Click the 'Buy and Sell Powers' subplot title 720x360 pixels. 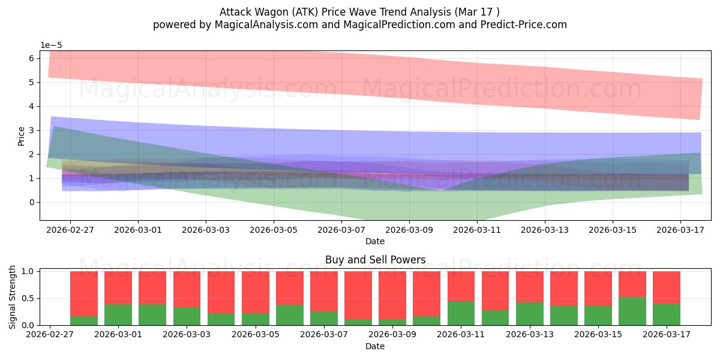pos(375,260)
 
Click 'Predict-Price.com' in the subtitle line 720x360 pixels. pos(524,25)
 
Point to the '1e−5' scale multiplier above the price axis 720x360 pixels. pos(51,46)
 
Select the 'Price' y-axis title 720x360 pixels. pos(21,137)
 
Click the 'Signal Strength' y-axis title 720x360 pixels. pos(12,298)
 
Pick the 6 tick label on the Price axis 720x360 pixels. pos(31,58)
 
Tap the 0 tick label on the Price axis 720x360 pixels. pos(31,203)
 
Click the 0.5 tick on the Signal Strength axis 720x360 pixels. pos(28,298)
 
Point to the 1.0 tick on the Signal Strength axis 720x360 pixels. pos(28,271)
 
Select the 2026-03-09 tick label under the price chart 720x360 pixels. pos(409,230)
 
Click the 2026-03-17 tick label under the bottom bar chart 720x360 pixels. pos(667,335)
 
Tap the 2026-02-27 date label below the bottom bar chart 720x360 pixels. pos(50,335)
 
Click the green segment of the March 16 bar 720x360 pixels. pos(632,311)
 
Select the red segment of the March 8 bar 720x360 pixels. pos(358,295)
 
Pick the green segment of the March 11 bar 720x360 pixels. pos(461,313)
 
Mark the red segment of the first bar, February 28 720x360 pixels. pos(84,294)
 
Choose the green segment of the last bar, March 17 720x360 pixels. pos(667,314)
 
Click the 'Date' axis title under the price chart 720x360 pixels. pos(375,241)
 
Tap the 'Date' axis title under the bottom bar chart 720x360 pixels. pos(375,346)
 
